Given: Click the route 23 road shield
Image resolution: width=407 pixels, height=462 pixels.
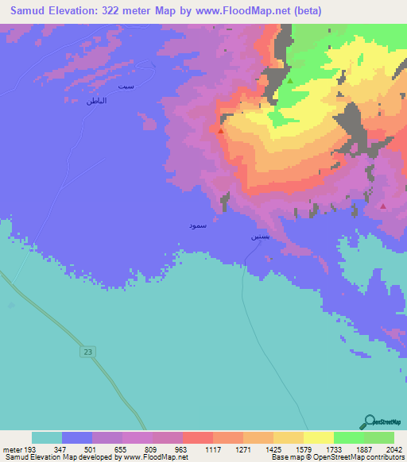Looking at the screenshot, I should pos(87,351).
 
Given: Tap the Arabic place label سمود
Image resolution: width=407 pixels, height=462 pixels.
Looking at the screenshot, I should pos(197,226).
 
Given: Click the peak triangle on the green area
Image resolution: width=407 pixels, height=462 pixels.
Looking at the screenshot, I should pos(290,81).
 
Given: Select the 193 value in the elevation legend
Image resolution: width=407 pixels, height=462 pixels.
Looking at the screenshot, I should pos(31,448).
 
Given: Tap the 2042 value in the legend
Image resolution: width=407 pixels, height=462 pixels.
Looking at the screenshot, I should pos(393,448).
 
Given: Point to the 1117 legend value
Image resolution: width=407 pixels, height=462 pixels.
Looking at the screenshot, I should pos(211,448).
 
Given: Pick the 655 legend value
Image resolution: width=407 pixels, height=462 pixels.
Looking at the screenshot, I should pos(122,448).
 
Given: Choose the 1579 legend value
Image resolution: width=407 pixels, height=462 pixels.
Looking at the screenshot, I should pos(303,448).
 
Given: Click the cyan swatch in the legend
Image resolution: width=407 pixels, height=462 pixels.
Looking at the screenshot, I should pos(46,437).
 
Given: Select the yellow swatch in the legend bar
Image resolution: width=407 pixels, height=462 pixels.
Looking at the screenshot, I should pos(318,437).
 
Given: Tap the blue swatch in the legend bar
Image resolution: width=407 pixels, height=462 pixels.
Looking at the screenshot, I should pos(77,437).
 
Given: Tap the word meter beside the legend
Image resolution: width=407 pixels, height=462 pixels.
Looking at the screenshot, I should pos(11,448).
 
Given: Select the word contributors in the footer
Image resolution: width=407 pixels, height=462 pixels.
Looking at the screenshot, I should pos(386,457).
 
